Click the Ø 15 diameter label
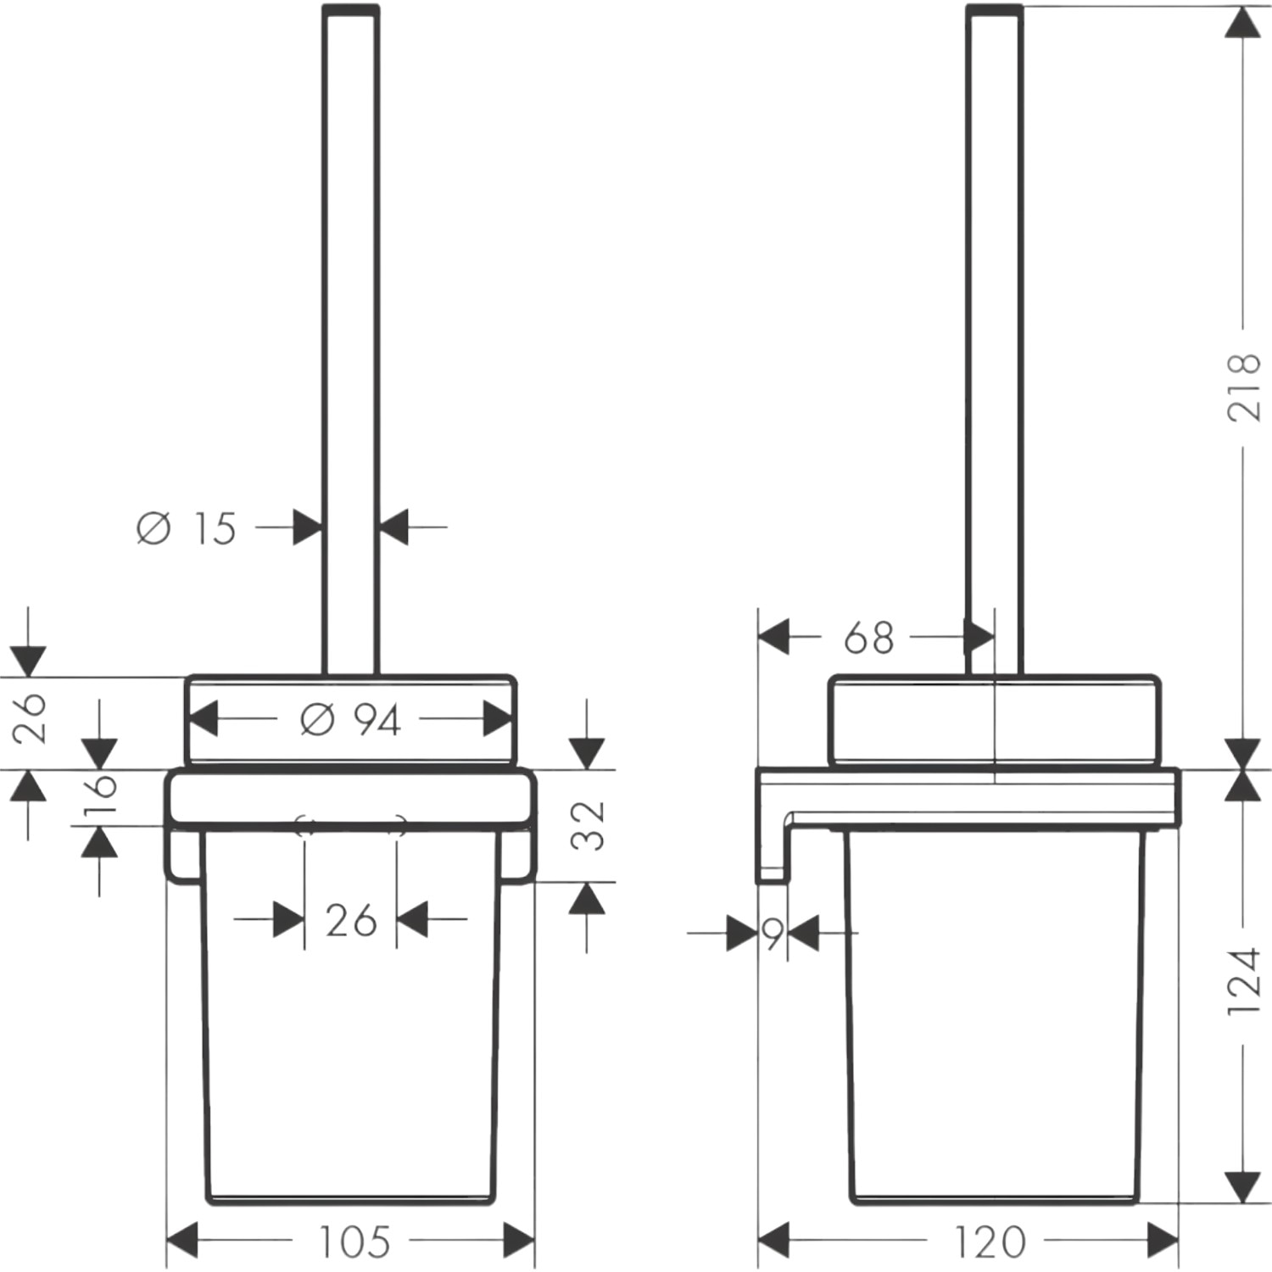(x=186, y=528)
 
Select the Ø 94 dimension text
(x=350, y=720)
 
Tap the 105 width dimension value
(x=354, y=1242)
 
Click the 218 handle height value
(x=1244, y=388)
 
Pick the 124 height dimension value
(x=1244, y=981)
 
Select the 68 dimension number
(x=869, y=638)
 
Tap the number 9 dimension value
(x=773, y=934)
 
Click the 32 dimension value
(x=588, y=825)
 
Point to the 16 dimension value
(x=99, y=797)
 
